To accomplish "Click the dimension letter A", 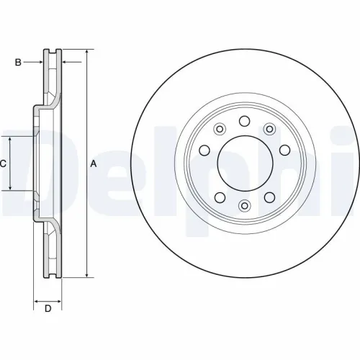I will pos(93,164).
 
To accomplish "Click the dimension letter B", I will pos(19,63).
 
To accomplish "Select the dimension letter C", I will pos(3,164).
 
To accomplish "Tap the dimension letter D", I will pos(48,309).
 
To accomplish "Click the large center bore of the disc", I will pos(244,163).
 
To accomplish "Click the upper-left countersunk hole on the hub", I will pos(220,129).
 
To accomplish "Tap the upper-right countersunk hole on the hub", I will pos(269,129).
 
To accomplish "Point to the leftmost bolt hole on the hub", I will pos(203,151).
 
